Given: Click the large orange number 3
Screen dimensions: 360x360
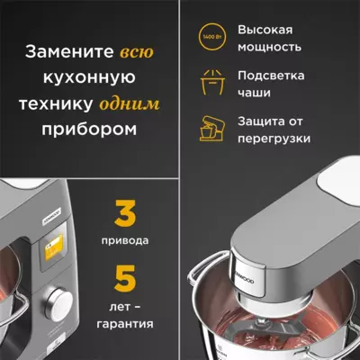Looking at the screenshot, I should [125, 216].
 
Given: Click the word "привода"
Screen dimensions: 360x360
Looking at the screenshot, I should [125, 242].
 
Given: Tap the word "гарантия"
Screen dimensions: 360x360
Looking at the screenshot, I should [126, 322].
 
